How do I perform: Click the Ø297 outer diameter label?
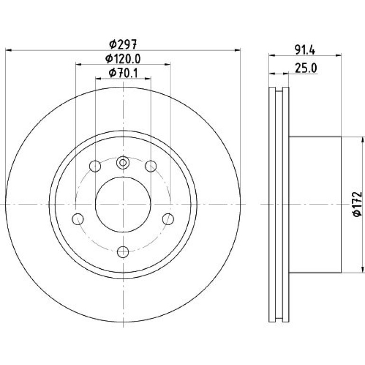(x=123, y=44)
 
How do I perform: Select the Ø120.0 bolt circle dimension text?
(x=123, y=59)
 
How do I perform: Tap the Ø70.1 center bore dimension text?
(x=123, y=73)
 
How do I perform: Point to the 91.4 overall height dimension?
(x=305, y=50)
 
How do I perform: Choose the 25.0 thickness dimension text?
(x=306, y=68)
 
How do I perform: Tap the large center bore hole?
(x=123, y=204)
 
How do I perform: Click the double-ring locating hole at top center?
(x=123, y=163)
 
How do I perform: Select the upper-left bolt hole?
(x=95, y=166)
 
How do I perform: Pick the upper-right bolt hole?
(x=151, y=166)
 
